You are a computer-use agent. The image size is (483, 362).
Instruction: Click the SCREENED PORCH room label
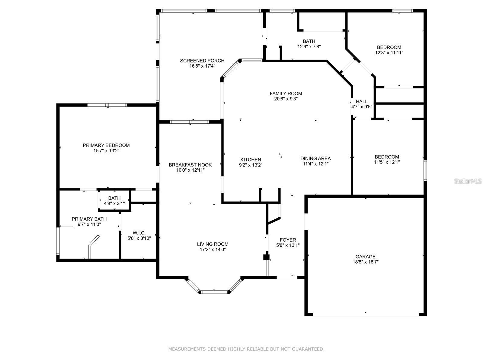(202, 61)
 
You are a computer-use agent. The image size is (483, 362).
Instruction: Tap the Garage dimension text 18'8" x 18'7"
(365, 262)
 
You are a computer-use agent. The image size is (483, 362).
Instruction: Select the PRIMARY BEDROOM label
(106, 145)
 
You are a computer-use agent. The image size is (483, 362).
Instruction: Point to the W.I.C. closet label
(139, 233)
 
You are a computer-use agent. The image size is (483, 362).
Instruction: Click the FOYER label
(288, 240)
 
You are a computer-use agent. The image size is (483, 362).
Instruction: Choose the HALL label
(362, 101)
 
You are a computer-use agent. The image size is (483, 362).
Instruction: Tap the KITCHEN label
(251, 160)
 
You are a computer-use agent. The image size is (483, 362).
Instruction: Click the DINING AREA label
(315, 158)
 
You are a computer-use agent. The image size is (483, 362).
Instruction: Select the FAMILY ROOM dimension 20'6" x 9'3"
(286, 99)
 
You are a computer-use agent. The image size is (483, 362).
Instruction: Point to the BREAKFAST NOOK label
(190, 165)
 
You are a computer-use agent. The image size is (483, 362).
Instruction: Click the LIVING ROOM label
(213, 244)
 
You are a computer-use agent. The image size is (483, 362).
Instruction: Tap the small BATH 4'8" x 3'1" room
(114, 201)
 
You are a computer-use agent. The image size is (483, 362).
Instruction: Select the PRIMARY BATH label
(89, 219)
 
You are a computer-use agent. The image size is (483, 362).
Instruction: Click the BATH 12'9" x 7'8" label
(309, 41)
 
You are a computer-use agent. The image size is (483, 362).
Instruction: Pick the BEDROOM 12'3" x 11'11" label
(389, 47)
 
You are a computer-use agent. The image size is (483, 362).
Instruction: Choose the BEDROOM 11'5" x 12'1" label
(387, 157)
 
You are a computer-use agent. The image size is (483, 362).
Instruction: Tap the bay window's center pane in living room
(214, 292)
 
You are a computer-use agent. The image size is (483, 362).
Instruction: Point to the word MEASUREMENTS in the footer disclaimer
(187, 349)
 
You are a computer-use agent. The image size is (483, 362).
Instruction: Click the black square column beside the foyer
(266, 257)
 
